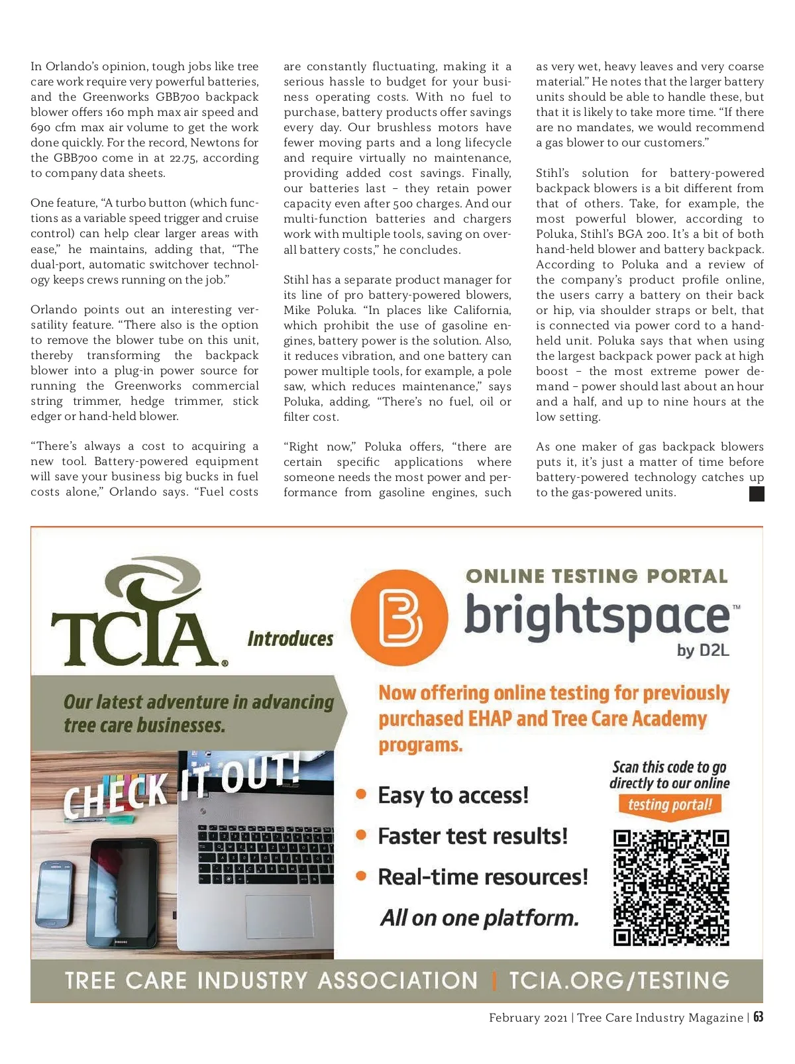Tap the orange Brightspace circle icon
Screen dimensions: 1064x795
(x=399, y=617)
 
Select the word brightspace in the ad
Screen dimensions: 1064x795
(x=596, y=615)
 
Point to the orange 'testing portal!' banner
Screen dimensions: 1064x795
(x=670, y=805)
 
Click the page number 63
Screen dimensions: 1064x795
(x=758, y=1017)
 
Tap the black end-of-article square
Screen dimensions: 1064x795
(x=756, y=494)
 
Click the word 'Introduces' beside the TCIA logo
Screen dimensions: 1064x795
(x=290, y=639)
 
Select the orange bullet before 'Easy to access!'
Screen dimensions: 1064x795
(x=361, y=794)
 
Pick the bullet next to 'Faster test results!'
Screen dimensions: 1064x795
(x=361, y=835)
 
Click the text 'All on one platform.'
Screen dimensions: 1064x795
(x=480, y=918)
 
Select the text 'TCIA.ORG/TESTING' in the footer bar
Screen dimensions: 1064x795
(x=619, y=981)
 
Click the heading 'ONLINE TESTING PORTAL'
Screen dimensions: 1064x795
(x=596, y=576)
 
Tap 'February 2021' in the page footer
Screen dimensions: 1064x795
(x=527, y=1018)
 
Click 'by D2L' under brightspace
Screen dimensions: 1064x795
(x=702, y=651)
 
